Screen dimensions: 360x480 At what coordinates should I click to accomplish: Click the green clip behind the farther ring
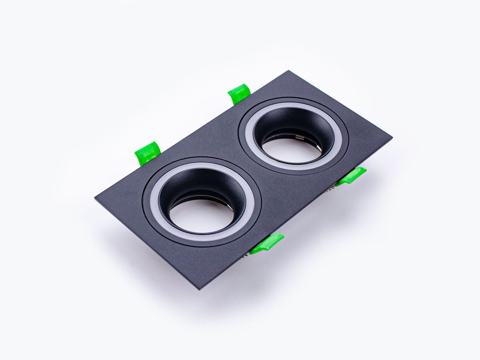click(239, 94)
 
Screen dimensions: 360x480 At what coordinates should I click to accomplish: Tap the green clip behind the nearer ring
click(148, 152)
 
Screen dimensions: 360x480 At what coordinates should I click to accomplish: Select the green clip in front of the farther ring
click(351, 176)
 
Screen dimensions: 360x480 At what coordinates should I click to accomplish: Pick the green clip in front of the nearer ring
click(267, 243)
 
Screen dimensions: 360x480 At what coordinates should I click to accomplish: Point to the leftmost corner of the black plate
click(96, 197)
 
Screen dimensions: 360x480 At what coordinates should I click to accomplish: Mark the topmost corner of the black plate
click(288, 72)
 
